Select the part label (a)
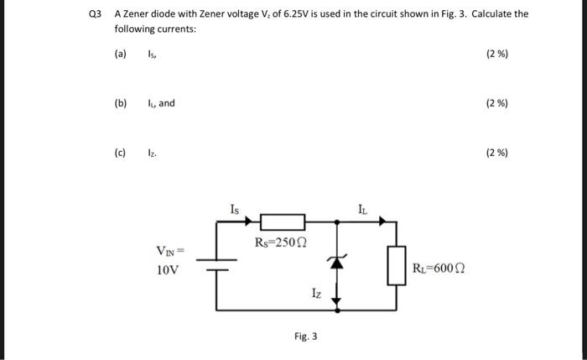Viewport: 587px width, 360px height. pyautogui.click(x=121, y=55)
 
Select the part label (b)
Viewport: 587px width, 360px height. pyautogui.click(x=121, y=103)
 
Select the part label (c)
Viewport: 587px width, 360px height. pyautogui.click(x=121, y=153)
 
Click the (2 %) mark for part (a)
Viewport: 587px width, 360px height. pyautogui.click(x=497, y=55)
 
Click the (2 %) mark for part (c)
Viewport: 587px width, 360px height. pyautogui.click(x=497, y=153)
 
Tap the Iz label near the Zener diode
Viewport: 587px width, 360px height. pyautogui.click(x=315, y=293)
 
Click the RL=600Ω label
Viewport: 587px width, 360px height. pyautogui.click(x=439, y=269)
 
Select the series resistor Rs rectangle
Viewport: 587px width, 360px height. pyautogui.click(x=282, y=222)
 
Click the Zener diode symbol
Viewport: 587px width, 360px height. pyautogui.click(x=337, y=262)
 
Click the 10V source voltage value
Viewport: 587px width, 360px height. pyautogui.click(x=168, y=270)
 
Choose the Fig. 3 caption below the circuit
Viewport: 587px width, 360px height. pyautogui.click(x=305, y=337)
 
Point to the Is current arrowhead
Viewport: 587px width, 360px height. pyautogui.click(x=248, y=222)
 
